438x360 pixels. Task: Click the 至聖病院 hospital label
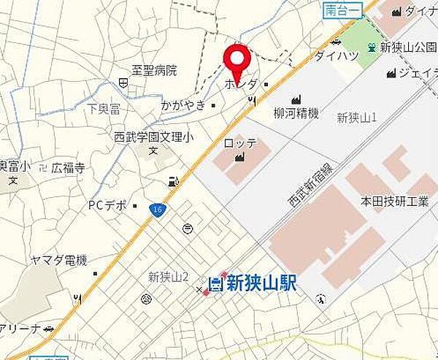coord(154,71)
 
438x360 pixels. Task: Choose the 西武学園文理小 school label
coord(153,136)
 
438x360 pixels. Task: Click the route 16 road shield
coord(157,208)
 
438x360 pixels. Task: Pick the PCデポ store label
coord(108,205)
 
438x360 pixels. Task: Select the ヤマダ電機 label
coord(58,260)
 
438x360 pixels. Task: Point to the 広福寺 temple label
coord(68,168)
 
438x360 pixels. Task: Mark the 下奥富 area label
coord(103,108)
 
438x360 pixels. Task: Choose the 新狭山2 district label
coord(169,276)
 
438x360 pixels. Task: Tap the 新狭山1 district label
coord(357,118)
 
